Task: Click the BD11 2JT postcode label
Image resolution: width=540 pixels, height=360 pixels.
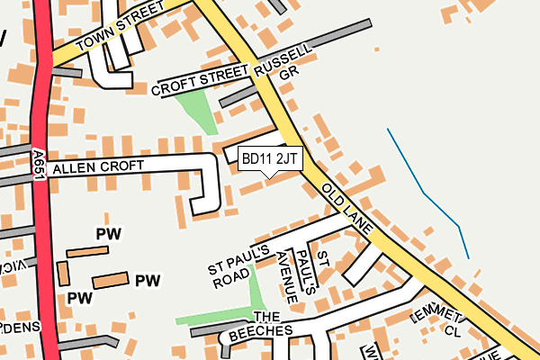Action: coord(269,158)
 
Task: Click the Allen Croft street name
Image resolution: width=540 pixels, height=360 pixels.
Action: coord(98,167)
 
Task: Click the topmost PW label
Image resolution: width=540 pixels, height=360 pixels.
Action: coord(108,234)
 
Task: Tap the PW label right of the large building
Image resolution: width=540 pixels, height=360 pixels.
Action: coord(148,281)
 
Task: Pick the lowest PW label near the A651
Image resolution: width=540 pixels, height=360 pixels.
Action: coord(80,297)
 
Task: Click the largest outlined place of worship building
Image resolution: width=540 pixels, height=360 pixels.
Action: coord(110,280)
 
